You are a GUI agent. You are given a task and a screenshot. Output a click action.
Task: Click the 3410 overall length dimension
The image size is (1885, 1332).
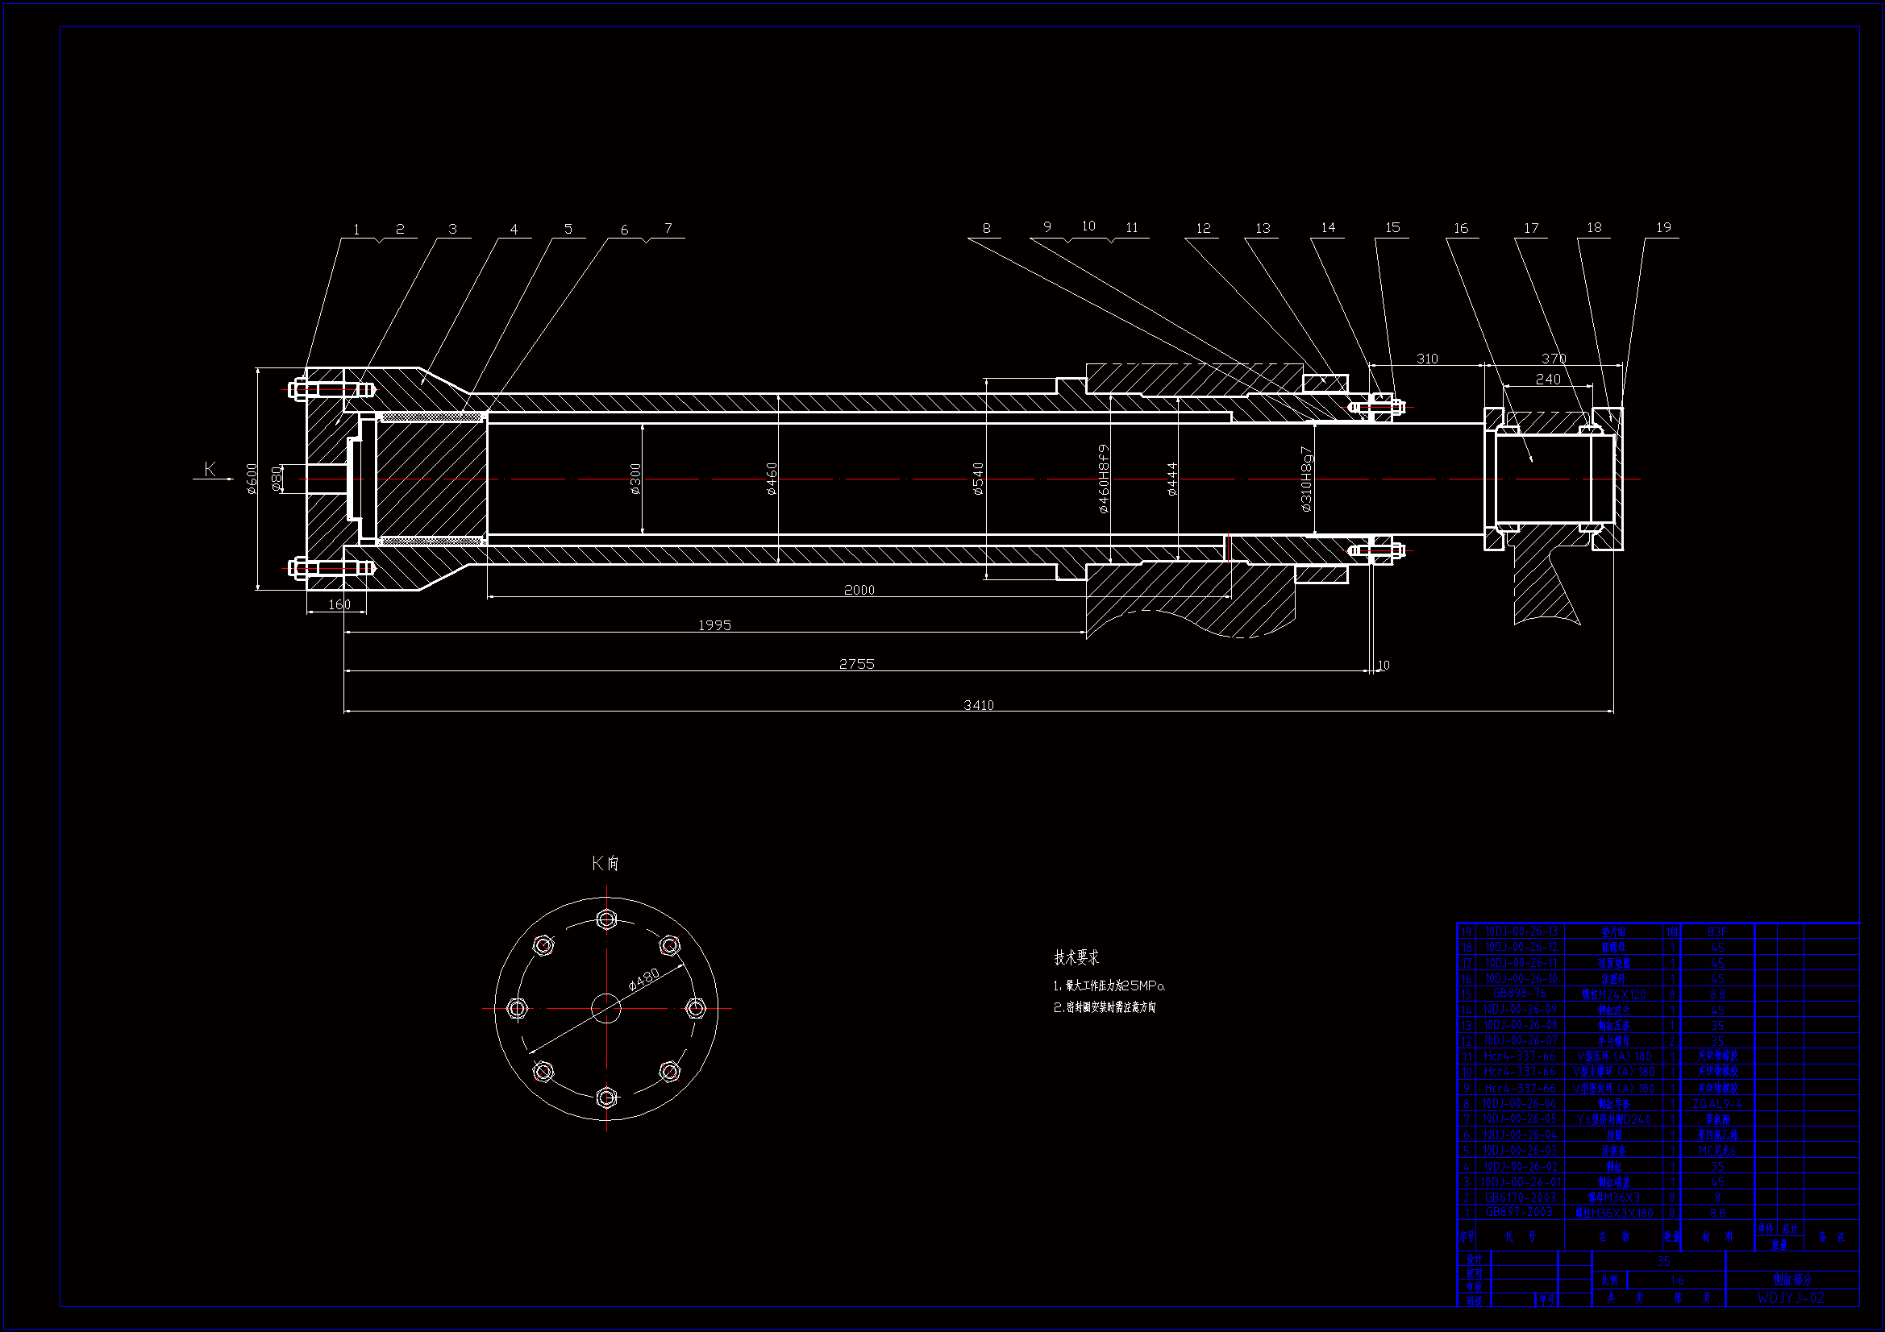point(979,705)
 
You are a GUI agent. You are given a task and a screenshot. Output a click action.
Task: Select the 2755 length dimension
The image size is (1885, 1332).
point(856,664)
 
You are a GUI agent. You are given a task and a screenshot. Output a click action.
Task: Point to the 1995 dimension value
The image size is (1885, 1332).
point(714,625)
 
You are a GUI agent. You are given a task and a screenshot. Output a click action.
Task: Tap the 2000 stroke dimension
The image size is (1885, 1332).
point(859,590)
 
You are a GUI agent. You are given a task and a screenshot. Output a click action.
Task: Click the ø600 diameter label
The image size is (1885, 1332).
point(252,479)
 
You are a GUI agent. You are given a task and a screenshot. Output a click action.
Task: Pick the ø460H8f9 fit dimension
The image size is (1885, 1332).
point(1105,479)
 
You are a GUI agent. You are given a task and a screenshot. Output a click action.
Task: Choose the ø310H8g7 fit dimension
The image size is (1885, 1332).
point(1307,479)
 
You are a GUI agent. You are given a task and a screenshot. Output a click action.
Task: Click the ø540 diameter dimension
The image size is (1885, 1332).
point(978,479)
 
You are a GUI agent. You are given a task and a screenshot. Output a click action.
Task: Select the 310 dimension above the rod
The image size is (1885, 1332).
point(1427,359)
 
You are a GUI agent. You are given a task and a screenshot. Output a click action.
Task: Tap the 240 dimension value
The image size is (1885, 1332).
point(1547,380)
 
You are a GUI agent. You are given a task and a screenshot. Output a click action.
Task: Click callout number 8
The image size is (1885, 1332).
point(986,229)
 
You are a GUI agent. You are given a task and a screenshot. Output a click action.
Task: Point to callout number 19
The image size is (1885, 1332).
point(1663,227)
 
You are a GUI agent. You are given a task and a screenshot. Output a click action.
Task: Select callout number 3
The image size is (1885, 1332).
point(452,229)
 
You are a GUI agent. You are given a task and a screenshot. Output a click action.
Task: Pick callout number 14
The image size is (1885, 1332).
point(1328,227)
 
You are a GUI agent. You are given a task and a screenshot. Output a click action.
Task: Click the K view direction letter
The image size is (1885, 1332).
point(210,469)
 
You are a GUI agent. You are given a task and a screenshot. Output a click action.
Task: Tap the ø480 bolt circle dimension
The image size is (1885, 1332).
point(643,979)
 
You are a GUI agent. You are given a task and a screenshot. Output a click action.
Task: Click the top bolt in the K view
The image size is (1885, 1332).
point(606,919)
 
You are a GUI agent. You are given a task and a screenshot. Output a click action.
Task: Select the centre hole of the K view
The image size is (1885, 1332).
point(606,1008)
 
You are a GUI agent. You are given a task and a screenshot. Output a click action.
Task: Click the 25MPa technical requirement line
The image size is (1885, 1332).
point(1109,986)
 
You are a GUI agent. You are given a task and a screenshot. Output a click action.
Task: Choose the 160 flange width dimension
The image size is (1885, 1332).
point(339,605)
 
